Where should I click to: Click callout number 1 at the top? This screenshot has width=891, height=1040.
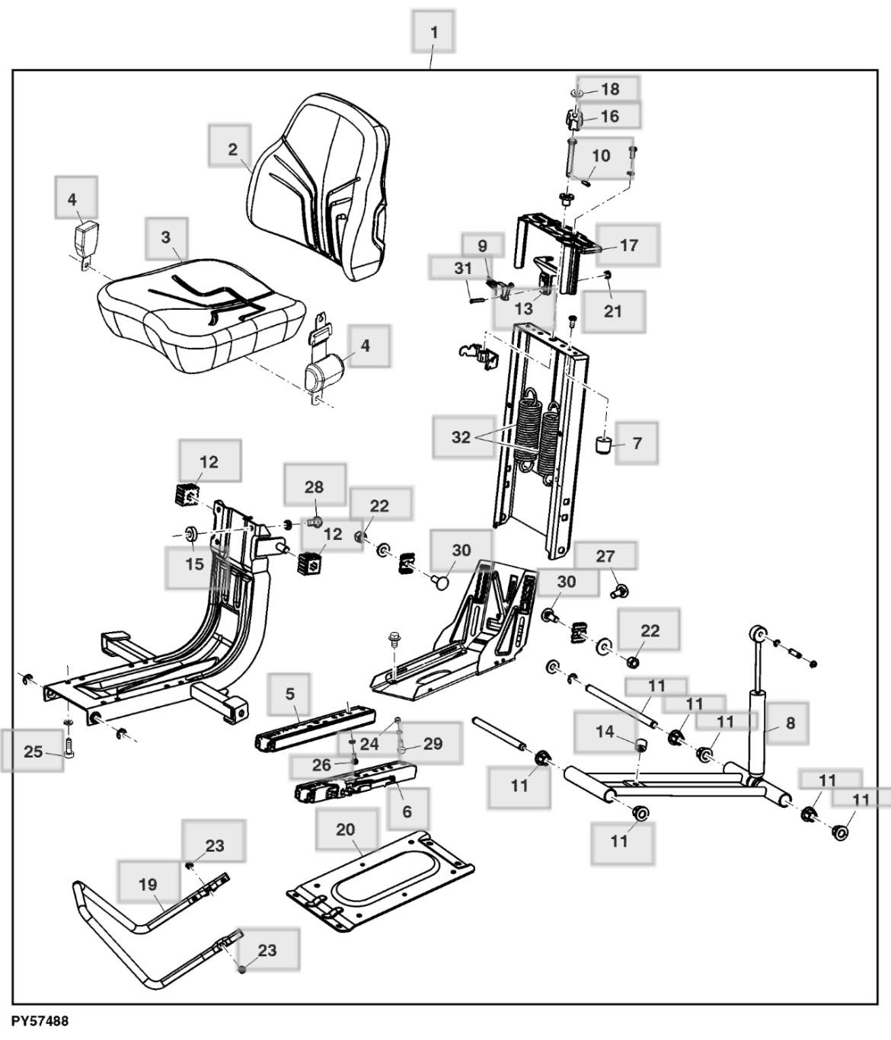(x=433, y=32)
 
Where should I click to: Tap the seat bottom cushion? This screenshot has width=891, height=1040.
(x=194, y=320)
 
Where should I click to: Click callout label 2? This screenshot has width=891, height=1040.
(x=232, y=149)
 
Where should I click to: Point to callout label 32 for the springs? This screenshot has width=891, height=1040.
(x=461, y=437)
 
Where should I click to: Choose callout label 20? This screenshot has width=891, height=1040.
(x=346, y=829)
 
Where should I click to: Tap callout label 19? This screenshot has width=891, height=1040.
(x=148, y=884)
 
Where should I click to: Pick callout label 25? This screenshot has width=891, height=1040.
(x=33, y=751)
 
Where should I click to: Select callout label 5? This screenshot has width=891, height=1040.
(x=289, y=694)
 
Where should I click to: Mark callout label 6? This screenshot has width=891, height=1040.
(x=407, y=811)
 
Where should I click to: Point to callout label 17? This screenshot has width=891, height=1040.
(x=628, y=245)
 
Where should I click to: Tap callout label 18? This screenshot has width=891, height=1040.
(x=610, y=89)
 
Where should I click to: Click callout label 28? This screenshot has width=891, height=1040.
(x=314, y=487)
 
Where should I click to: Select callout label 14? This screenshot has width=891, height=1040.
(x=605, y=732)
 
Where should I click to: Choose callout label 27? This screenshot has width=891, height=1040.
(x=605, y=556)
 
